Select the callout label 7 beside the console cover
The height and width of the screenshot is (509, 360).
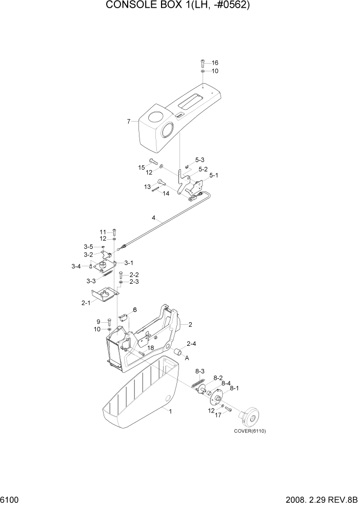pyautogui.click(x=129, y=122)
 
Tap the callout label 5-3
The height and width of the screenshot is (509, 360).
pyautogui.click(x=199, y=160)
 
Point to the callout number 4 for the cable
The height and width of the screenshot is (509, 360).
pyautogui.click(x=153, y=218)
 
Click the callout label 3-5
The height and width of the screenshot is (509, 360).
pyautogui.click(x=89, y=247)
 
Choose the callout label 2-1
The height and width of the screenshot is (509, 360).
pyautogui.click(x=86, y=303)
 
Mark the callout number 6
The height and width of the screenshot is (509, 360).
pyautogui.click(x=135, y=309)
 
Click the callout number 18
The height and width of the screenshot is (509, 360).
pyautogui.click(x=151, y=348)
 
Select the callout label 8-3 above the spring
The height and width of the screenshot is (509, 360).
pyautogui.click(x=199, y=371)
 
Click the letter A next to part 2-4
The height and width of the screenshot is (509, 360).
pyautogui.click(x=187, y=358)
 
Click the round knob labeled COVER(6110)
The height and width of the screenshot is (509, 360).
pyautogui.click(x=251, y=415)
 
